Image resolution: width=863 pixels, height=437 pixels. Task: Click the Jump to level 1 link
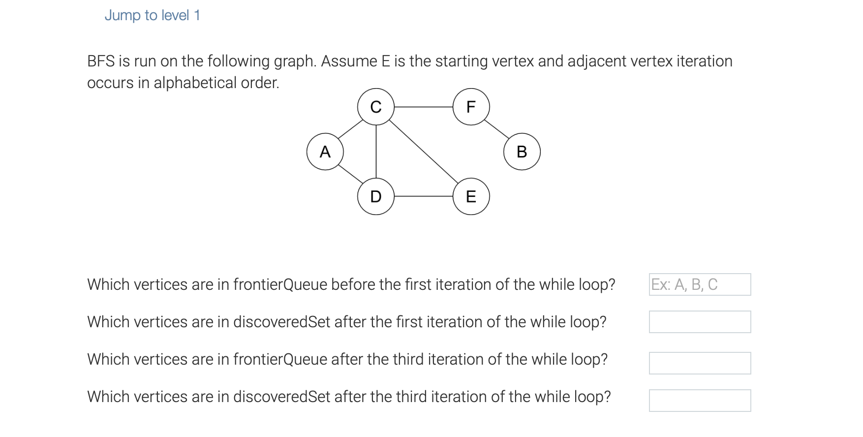coord(152,15)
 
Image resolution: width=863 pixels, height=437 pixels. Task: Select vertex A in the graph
coord(325,152)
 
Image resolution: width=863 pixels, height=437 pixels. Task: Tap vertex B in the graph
coord(522,152)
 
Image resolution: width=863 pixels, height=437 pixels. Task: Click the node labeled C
coord(376,107)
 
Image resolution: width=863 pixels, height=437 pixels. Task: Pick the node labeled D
coord(376,196)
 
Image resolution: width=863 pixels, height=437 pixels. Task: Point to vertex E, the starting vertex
coord(471,196)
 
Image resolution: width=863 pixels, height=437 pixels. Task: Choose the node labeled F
coord(471,107)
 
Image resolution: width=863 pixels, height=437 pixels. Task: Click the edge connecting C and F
coord(423,107)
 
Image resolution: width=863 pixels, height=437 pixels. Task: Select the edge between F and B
coord(497,129)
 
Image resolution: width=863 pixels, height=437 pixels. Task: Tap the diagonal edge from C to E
coord(424,152)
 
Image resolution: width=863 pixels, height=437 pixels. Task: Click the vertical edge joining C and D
coord(376,152)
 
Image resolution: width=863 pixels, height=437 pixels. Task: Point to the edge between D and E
coord(423,196)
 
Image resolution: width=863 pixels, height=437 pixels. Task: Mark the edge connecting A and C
coord(350,129)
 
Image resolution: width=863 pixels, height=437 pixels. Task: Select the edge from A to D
coord(350,174)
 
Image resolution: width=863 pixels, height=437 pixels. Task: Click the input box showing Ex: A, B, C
coord(700,284)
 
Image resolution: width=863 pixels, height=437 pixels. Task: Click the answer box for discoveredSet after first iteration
coord(700,322)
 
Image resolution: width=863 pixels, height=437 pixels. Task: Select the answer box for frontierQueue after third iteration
coord(700,363)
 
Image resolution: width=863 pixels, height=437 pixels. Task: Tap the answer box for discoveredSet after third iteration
coord(700,401)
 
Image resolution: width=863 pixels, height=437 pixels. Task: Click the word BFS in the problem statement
coord(101,61)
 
